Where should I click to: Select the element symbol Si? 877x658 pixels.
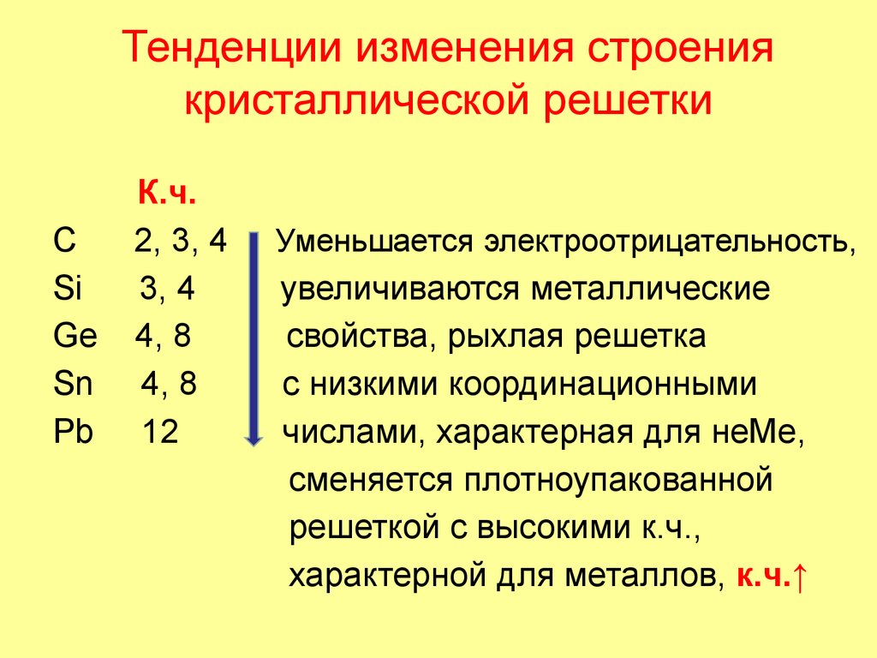pos(66,290)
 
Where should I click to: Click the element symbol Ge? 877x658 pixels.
pos(75,337)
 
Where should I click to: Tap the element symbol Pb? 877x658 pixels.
pos(72,432)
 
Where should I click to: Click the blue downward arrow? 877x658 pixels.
pos(254,338)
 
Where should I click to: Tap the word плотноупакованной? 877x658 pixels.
pos(618,480)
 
